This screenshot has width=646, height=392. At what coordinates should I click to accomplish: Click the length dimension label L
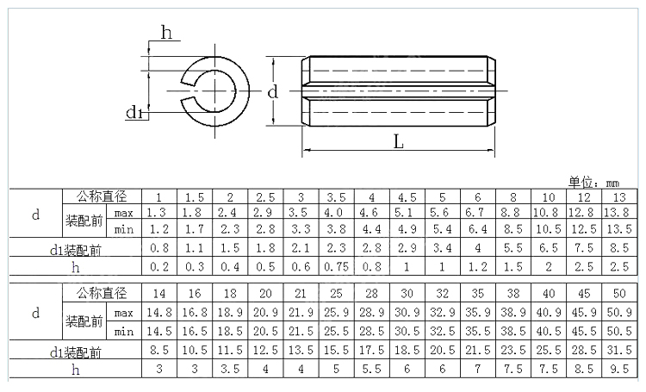399,143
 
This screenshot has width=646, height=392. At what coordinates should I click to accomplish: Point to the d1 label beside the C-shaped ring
135,112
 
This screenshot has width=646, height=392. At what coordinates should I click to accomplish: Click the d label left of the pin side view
271,91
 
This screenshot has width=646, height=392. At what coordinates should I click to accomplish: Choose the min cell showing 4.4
371,229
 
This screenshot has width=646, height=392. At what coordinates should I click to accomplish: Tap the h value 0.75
335,266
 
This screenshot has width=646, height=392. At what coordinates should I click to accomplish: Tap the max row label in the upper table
124,213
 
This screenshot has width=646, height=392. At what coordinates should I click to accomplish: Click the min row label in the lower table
124,332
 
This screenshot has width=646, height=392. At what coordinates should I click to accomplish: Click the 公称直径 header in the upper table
101,196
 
